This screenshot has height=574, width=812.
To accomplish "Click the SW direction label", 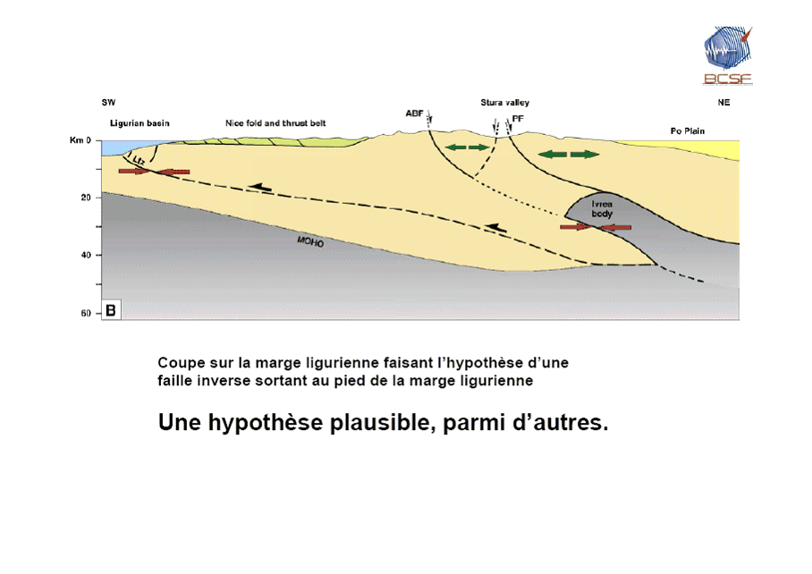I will [108, 103].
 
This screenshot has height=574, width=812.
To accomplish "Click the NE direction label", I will [723, 103].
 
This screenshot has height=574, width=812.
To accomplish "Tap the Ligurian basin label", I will [140, 123].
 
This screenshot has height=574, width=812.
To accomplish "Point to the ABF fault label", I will [414, 114].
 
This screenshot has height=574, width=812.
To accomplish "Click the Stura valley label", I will [504, 103].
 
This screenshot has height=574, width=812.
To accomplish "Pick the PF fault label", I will [518, 117].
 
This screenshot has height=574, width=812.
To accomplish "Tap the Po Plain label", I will [688, 131].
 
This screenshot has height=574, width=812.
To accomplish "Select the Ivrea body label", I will [602, 209].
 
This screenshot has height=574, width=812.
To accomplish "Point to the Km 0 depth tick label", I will [81, 140].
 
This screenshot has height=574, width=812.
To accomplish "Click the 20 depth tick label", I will [86, 197].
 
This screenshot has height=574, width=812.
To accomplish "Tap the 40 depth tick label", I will [86, 255].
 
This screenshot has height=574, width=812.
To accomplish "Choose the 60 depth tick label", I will [86, 313].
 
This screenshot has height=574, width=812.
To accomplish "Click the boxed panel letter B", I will [112, 310].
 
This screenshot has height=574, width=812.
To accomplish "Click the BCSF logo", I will [727, 55].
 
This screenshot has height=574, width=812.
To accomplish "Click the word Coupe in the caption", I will [179, 364].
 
